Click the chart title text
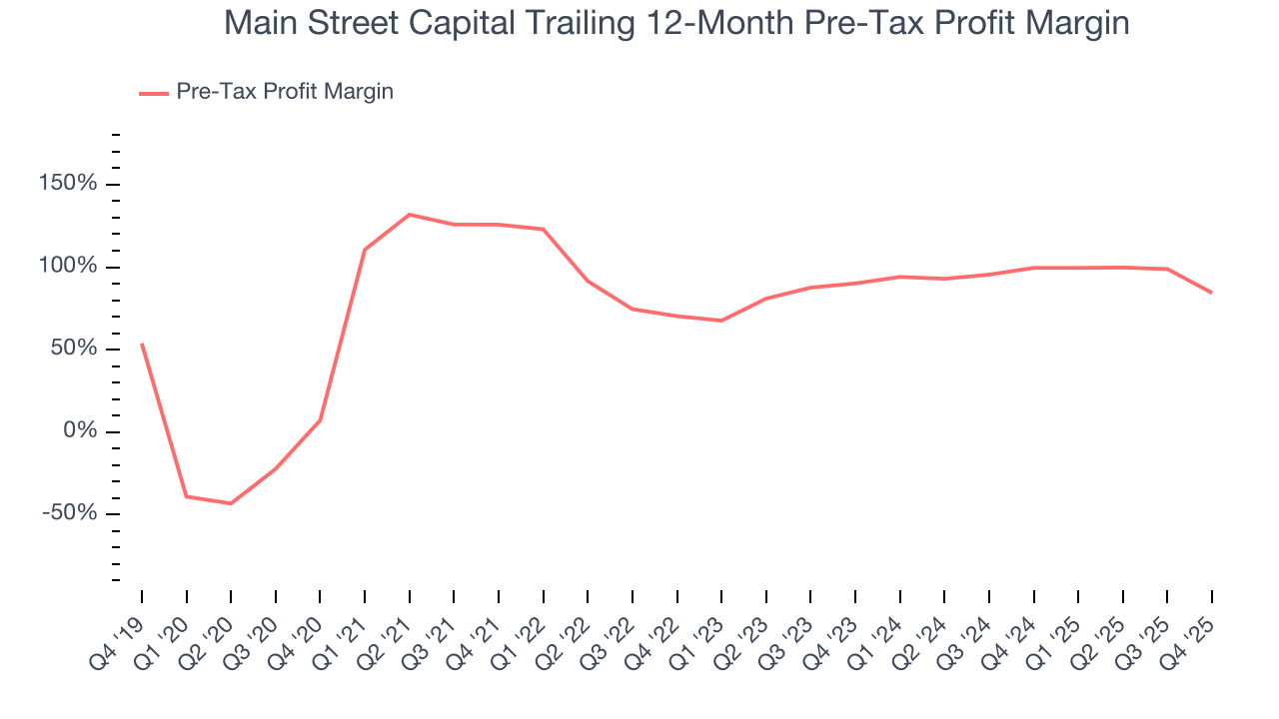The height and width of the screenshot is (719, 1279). [676, 23]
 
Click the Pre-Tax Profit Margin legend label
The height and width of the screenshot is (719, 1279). [285, 92]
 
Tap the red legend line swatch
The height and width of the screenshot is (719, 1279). [154, 93]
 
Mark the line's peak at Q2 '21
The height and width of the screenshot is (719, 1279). [410, 215]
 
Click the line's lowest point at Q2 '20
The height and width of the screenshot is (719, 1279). [231, 503]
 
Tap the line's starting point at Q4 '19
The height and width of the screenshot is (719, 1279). [142, 345]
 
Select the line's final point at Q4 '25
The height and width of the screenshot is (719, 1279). [1212, 293]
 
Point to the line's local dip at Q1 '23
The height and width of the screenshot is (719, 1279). [721, 321]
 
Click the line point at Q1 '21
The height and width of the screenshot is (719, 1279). [365, 250]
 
